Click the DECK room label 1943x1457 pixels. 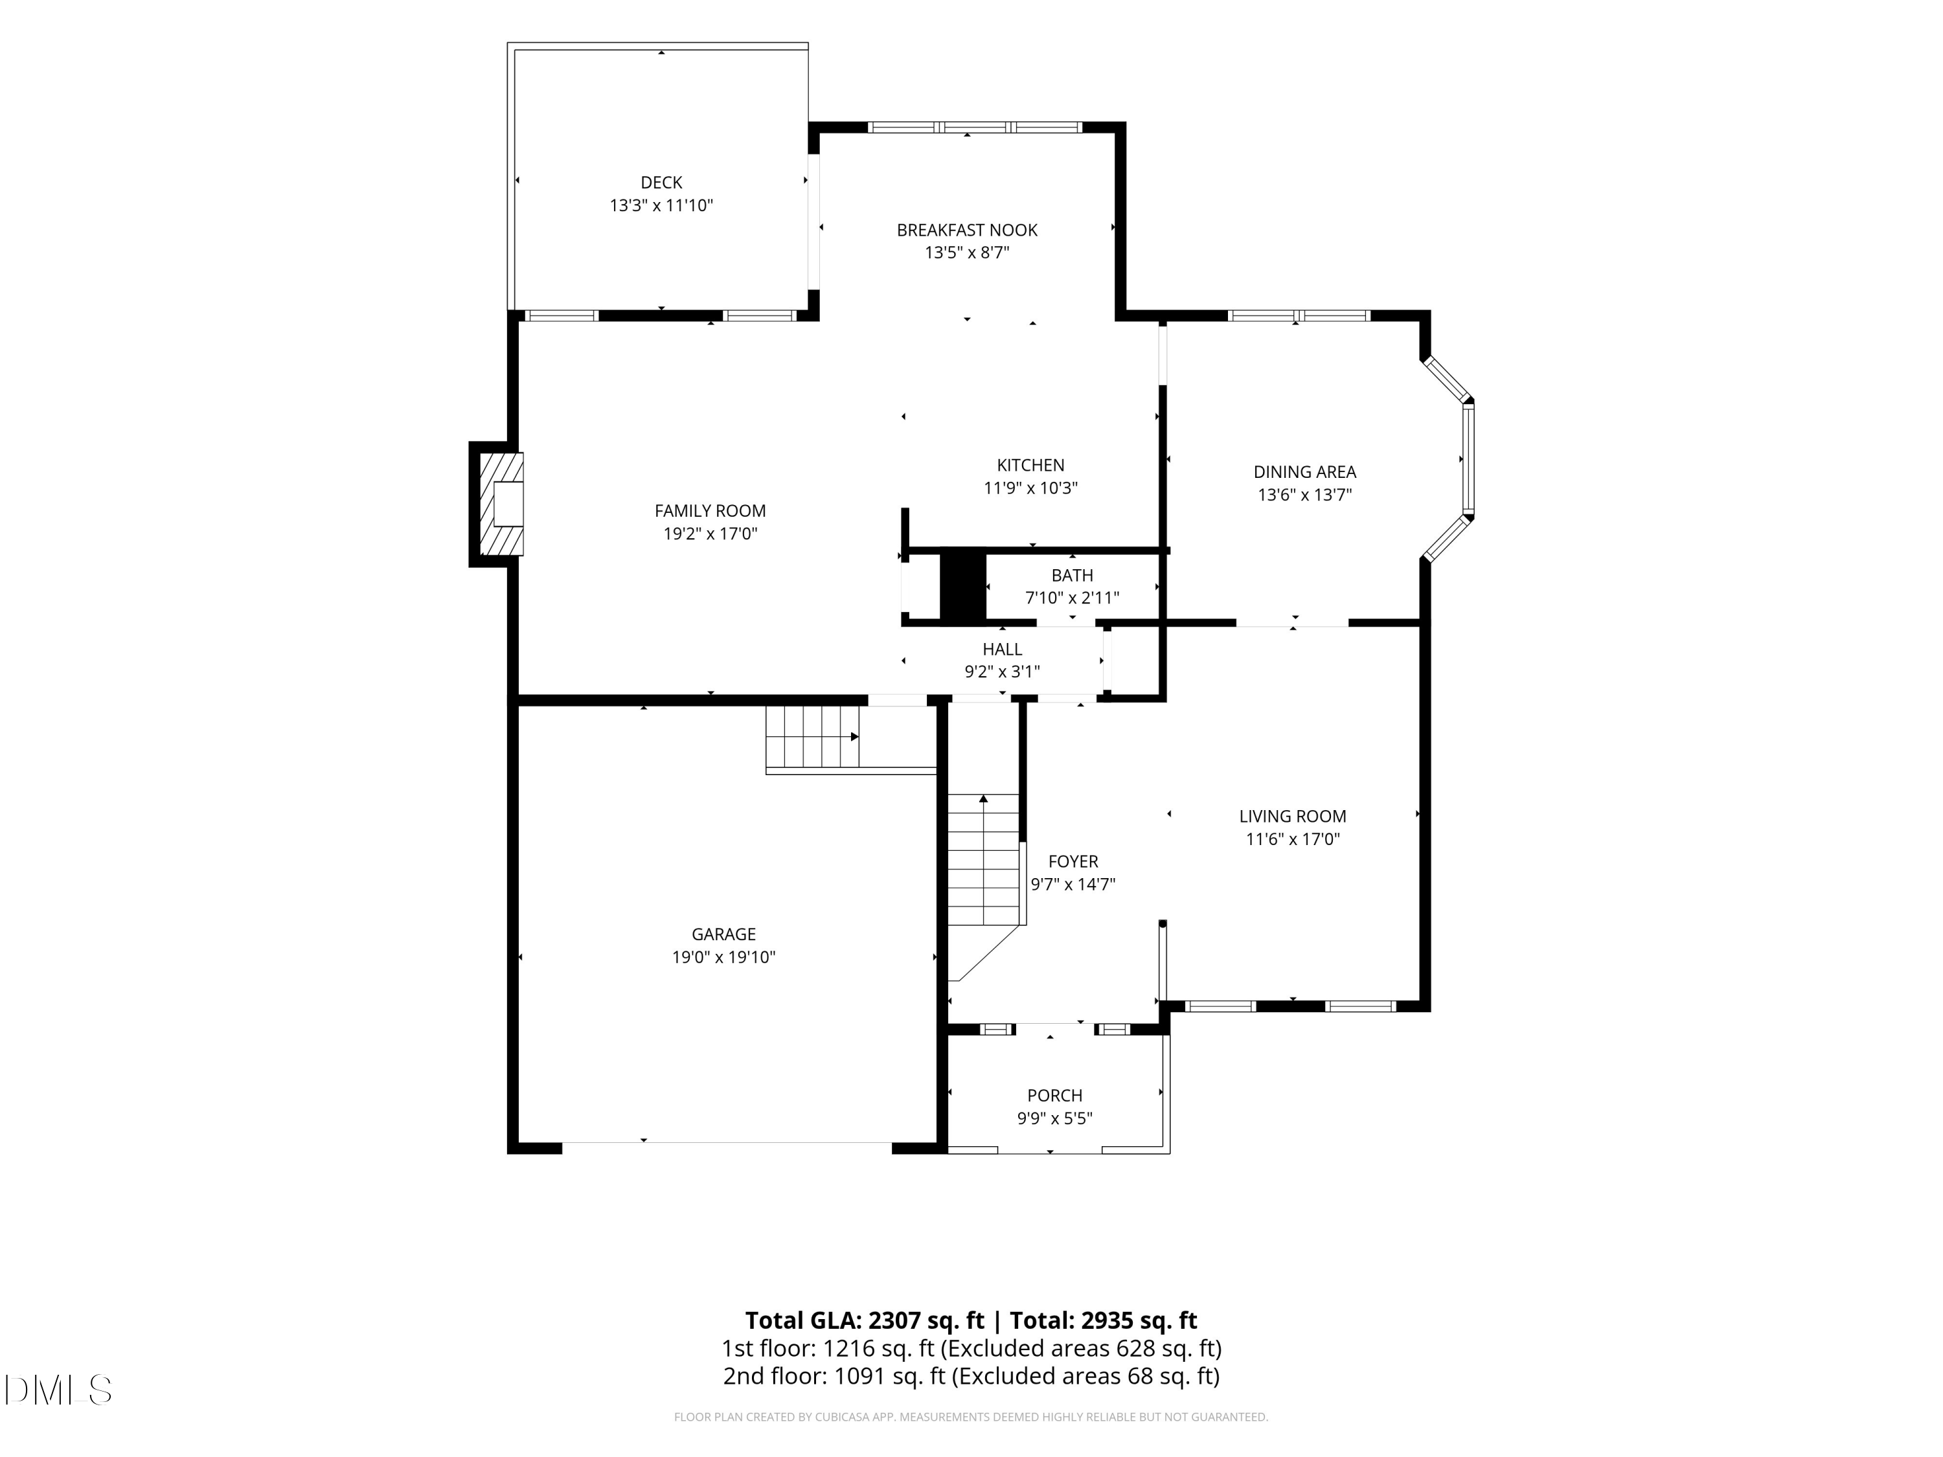pyautogui.click(x=661, y=183)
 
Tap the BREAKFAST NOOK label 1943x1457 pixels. pyautogui.click(x=966, y=230)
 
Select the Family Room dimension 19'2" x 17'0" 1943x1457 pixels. pyautogui.click(x=710, y=533)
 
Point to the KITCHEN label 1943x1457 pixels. pyautogui.click(x=1030, y=466)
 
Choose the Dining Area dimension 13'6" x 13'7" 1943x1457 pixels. pyautogui.click(x=1304, y=495)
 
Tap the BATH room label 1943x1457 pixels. pyautogui.click(x=1072, y=575)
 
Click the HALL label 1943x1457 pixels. pyautogui.click(x=1001, y=649)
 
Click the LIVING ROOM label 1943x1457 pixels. pyautogui.click(x=1292, y=816)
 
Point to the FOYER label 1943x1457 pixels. pyautogui.click(x=1073, y=861)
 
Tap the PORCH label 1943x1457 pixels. pyautogui.click(x=1054, y=1095)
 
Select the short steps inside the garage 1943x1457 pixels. pyautogui.click(x=813, y=737)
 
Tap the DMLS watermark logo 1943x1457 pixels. pyautogui.click(x=58, y=1390)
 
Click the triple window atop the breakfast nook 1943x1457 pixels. pyautogui.click(x=974, y=128)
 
